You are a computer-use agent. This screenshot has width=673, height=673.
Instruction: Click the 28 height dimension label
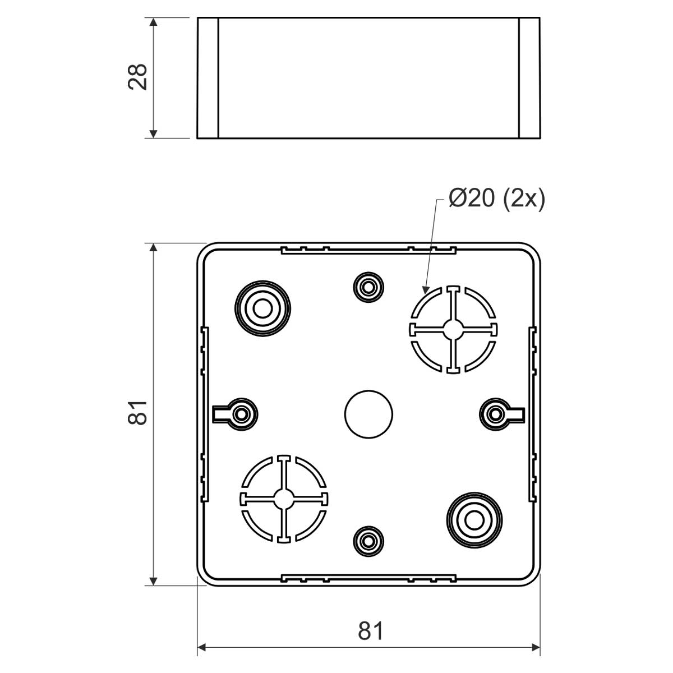point(137,77)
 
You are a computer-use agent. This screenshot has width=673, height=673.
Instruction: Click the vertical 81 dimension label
point(137,413)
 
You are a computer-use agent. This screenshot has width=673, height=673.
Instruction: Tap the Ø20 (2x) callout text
point(497,199)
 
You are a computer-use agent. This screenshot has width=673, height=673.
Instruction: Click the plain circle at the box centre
point(368,414)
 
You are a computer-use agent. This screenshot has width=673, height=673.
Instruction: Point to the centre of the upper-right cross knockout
point(453,329)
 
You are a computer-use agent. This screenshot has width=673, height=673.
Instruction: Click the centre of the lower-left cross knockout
point(284,499)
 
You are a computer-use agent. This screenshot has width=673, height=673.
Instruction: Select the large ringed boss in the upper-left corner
point(262,308)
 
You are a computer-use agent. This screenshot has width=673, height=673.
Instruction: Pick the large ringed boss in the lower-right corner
point(474,520)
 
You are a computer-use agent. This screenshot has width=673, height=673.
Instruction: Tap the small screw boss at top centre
point(368,288)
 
